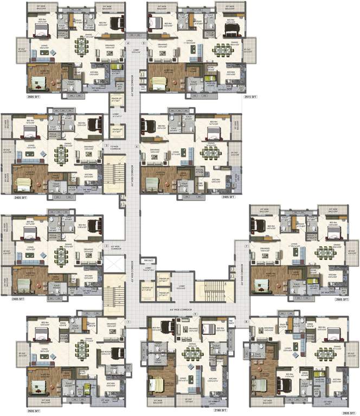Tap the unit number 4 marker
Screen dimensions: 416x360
pos(128,42)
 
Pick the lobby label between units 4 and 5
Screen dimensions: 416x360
pos(135,52)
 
